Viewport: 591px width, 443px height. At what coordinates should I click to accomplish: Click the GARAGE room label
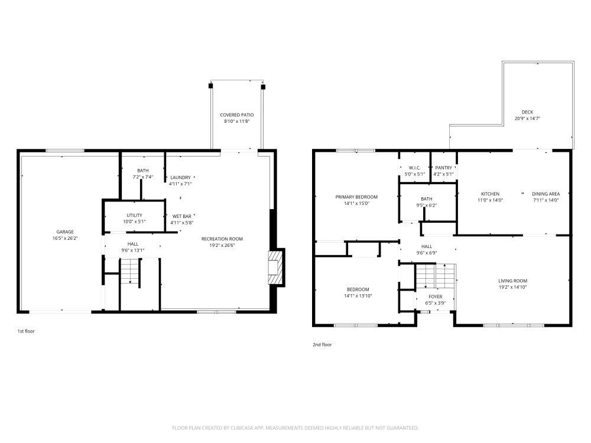pos(65,232)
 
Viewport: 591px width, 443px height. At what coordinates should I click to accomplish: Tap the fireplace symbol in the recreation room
pos(275,268)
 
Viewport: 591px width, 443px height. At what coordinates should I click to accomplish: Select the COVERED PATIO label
pos(236,115)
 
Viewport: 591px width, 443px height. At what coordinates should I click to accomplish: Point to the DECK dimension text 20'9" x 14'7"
pos(527,119)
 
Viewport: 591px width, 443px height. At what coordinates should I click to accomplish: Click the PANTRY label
pos(443,168)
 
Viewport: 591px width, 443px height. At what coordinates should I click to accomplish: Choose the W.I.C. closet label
pos(414,168)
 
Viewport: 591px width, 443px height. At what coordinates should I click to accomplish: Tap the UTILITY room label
pos(134,215)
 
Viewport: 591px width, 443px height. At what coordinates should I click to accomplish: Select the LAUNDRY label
pos(180,177)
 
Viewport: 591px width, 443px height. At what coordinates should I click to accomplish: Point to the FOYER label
pos(435,297)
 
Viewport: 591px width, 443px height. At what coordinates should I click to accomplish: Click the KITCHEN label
pos(490,194)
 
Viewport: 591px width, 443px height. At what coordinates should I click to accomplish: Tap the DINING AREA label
pos(545,194)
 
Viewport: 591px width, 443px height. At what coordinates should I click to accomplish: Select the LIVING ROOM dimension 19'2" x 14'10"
pos(512,288)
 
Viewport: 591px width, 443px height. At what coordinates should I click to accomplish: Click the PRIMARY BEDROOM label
pos(356,197)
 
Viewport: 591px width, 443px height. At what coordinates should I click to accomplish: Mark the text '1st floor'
pos(26,331)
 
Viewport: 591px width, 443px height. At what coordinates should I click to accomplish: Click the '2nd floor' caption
pos(322,344)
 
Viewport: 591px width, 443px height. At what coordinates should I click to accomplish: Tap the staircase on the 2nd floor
pos(435,276)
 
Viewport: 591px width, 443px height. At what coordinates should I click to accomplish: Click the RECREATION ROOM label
pos(222,239)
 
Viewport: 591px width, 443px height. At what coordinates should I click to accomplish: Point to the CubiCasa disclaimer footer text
pos(295,428)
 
